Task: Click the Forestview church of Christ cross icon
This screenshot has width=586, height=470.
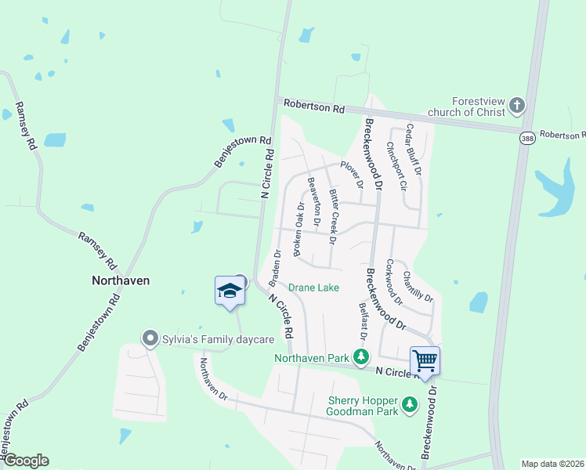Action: click(516, 104)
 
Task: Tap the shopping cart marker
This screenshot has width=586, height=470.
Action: click(425, 362)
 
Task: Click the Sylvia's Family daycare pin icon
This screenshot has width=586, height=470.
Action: click(150, 338)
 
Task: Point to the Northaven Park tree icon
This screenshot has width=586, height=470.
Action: click(361, 358)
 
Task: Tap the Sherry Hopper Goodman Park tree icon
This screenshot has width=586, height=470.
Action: click(409, 403)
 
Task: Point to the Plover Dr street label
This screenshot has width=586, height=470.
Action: click(352, 175)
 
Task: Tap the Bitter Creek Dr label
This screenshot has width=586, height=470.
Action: click(335, 214)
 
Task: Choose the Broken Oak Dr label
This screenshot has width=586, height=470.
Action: click(299, 229)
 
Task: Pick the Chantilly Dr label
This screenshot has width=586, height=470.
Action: click(417, 286)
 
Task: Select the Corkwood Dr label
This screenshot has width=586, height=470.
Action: click(394, 283)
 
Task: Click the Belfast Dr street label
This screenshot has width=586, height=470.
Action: click(364, 322)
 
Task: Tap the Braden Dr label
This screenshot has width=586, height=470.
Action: click(275, 267)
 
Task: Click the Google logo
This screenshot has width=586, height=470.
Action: click(25, 461)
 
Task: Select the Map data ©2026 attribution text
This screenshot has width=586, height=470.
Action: click(552, 464)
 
